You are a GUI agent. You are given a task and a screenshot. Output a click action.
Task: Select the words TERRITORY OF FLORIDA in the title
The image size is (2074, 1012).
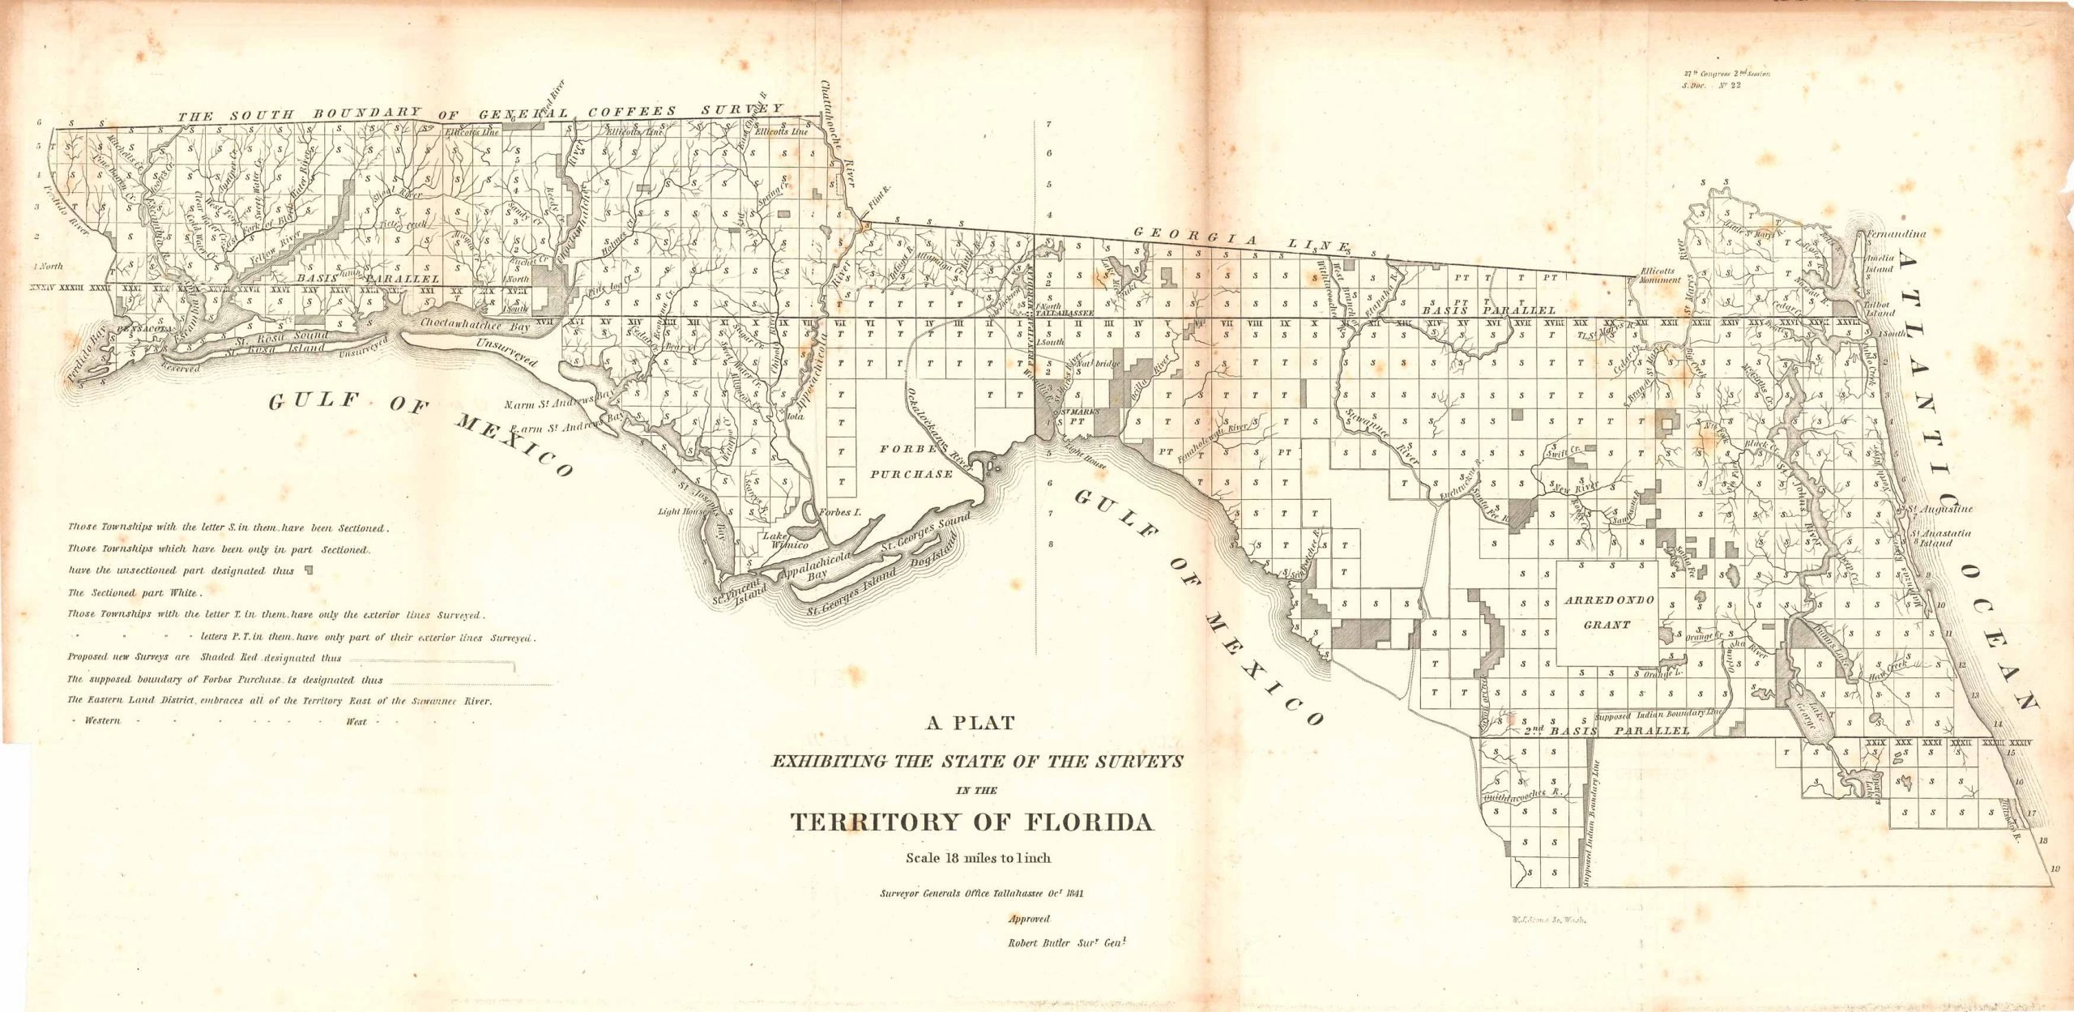(971, 822)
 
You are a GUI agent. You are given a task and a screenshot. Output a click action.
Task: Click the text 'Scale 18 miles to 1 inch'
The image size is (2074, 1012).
(978, 857)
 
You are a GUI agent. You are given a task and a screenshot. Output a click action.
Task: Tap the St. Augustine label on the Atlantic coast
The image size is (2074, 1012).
(1942, 510)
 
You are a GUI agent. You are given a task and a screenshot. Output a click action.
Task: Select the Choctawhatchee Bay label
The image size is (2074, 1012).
(476, 323)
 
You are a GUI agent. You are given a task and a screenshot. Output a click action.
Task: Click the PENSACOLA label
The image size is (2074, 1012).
(144, 330)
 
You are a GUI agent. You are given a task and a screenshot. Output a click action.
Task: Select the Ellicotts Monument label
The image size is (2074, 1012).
(1655, 275)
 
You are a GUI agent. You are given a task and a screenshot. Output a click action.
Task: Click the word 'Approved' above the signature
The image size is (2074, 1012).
(1029, 919)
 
